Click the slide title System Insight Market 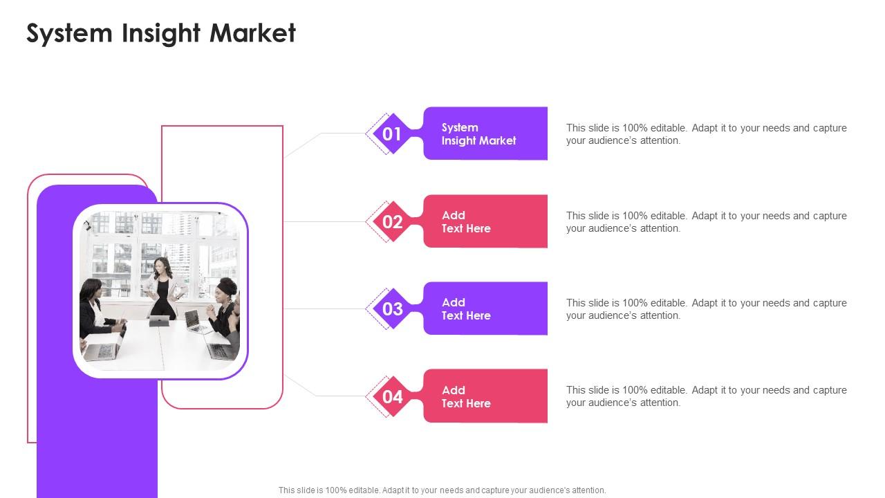[161, 33]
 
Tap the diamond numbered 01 [392, 133]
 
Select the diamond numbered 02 [392, 221]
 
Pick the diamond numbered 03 [392, 308]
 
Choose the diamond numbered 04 [392, 396]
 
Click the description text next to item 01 [706, 134]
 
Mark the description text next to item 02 [706, 222]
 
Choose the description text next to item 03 [706, 309]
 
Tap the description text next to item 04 [706, 396]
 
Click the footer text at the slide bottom [442, 490]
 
